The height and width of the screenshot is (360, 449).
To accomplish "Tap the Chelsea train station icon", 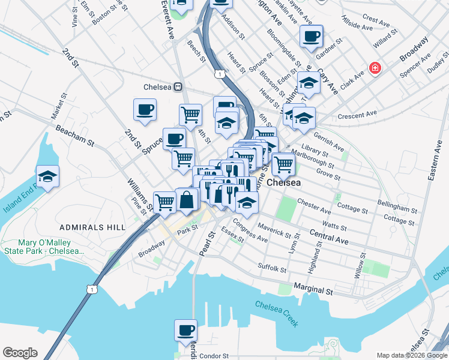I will pyautogui.click(x=178, y=87).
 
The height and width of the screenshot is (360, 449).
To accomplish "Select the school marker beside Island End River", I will pyautogui.click(x=47, y=176).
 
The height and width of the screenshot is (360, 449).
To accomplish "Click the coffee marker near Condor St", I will pyautogui.click(x=185, y=330).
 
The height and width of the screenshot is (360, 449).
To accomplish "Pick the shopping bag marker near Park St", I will pyautogui.click(x=187, y=199).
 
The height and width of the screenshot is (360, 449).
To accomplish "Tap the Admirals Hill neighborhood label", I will pyautogui.click(x=92, y=227).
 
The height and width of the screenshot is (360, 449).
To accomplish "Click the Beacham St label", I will pyautogui.click(x=75, y=136).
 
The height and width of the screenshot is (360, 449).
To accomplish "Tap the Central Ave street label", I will pyautogui.click(x=329, y=236).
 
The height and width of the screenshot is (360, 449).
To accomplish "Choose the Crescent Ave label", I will pyautogui.click(x=357, y=113).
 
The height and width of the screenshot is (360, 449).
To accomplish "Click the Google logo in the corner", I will pyautogui.click(x=20, y=353).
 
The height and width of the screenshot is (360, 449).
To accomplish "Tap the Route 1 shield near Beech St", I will pyautogui.click(x=220, y=73).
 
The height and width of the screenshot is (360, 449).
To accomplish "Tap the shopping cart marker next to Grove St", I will pyautogui.click(x=283, y=163).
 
